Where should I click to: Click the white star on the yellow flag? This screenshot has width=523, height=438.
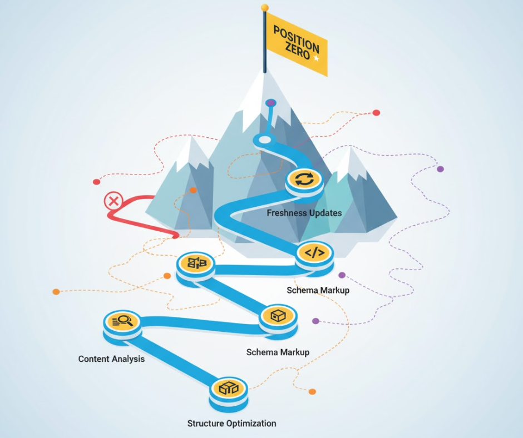point(317,58)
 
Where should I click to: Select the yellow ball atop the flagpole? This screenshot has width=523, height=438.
point(265,8)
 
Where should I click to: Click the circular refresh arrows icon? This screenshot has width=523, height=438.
point(304,180)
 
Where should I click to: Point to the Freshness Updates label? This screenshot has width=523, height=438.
point(304,213)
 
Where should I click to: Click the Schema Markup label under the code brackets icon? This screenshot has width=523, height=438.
point(318,290)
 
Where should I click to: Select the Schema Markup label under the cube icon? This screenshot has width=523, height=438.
point(278,352)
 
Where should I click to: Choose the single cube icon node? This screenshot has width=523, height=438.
point(278,316)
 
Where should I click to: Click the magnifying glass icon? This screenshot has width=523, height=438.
point(122,321)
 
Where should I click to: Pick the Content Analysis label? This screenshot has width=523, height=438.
point(111,359)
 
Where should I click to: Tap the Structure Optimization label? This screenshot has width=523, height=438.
point(231,424)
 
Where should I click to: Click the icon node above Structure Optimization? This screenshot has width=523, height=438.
point(228,388)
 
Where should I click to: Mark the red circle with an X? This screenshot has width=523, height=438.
point(113,201)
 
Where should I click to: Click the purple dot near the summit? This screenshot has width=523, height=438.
point(270,103)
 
